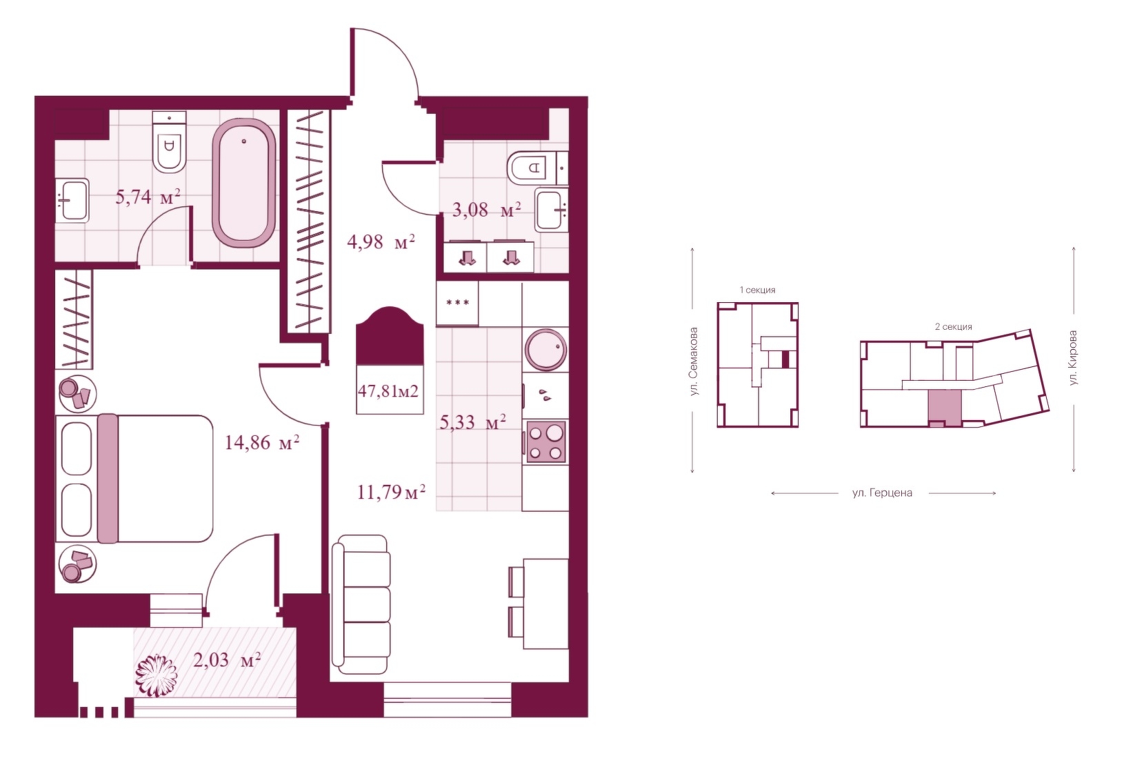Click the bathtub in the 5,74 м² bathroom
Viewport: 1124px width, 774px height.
[244, 183]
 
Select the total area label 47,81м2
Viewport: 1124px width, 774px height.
[388, 391]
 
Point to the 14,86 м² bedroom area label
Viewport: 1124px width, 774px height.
[261, 442]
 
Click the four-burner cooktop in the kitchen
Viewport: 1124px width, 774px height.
[545, 442]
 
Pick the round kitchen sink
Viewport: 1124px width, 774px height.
[545, 350]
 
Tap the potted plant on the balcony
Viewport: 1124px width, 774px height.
[157, 675]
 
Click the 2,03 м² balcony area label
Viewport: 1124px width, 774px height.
[227, 659]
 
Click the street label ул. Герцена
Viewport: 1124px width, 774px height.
[882, 493]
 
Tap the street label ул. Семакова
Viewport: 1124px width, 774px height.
[694, 361]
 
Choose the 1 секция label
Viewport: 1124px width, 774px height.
[757, 290]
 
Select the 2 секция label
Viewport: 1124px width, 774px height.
[954, 327]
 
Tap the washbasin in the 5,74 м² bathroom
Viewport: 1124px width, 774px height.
[72, 200]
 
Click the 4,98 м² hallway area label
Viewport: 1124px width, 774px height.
[381, 242]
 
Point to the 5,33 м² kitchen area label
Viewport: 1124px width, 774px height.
[472, 422]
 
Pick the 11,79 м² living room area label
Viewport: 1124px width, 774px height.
[392, 493]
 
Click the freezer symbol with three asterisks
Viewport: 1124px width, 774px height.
[457, 303]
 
